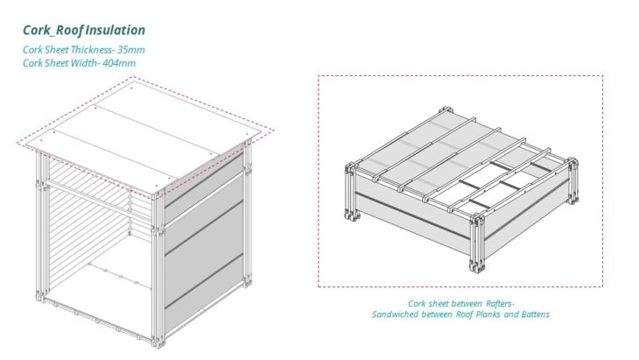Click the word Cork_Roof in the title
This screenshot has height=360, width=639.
click(53, 31)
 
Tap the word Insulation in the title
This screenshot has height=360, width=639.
click(116, 30)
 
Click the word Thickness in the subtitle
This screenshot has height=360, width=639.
click(93, 50)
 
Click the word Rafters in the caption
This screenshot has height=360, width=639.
click(500, 304)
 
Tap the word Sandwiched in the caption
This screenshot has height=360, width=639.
click(395, 314)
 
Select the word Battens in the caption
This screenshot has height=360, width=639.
click(535, 314)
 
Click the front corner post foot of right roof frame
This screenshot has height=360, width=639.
click(477, 266)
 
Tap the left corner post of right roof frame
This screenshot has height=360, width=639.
click(352, 192)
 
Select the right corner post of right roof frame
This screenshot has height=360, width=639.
click(572, 181)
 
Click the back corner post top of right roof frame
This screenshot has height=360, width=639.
click(446, 110)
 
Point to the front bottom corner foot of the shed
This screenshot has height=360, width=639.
click(158, 342)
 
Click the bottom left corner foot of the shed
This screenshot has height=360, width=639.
click(41, 296)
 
